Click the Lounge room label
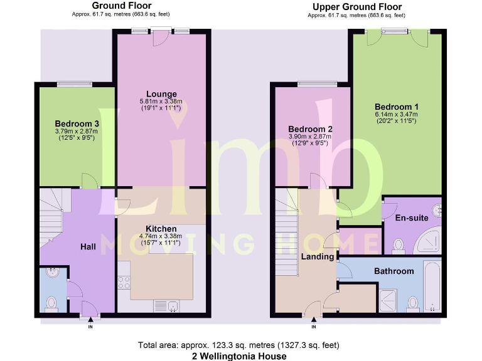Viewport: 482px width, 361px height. click(161, 95)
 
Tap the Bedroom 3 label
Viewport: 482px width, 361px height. click(77, 123)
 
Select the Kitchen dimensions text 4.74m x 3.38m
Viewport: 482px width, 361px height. click(161, 236)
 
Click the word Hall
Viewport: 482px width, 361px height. click(88, 248)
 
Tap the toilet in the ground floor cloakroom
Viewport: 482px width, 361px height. click(51, 303)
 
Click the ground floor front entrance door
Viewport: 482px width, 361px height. click(90, 309)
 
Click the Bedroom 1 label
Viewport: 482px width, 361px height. click(396, 107)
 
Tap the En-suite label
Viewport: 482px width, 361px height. click(412, 218)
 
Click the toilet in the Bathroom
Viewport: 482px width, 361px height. click(412, 304)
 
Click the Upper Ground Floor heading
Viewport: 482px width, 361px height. click(356, 7)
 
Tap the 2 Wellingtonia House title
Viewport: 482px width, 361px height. click(240, 355)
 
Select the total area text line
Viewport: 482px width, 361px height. click(240, 345)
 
